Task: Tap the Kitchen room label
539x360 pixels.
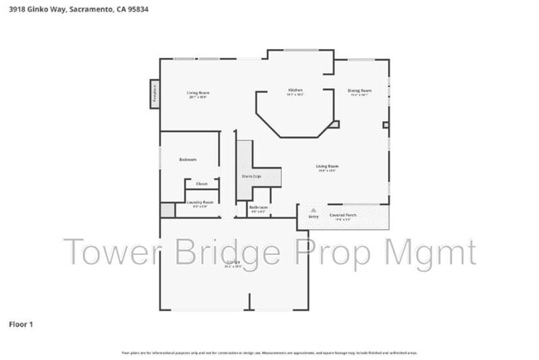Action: pyautogui.click(x=295, y=90)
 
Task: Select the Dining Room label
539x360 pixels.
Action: pyautogui.click(x=359, y=90)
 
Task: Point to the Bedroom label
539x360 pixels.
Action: pyautogui.click(x=188, y=159)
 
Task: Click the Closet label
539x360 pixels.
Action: pyautogui.click(x=202, y=183)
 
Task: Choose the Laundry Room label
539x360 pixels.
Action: pyautogui.click(x=200, y=202)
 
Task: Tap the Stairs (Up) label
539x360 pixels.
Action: pyautogui.click(x=250, y=176)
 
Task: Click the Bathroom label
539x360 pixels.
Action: pyautogui.click(x=259, y=207)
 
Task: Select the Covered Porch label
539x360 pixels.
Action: pyautogui.click(x=342, y=215)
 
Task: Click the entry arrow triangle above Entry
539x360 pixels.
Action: pyautogui.click(x=313, y=211)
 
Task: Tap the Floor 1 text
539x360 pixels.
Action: pyautogui.click(x=21, y=324)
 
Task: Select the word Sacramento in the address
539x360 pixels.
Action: pyautogui.click(x=85, y=10)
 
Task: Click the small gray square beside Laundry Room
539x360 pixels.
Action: pyautogui.click(x=168, y=210)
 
